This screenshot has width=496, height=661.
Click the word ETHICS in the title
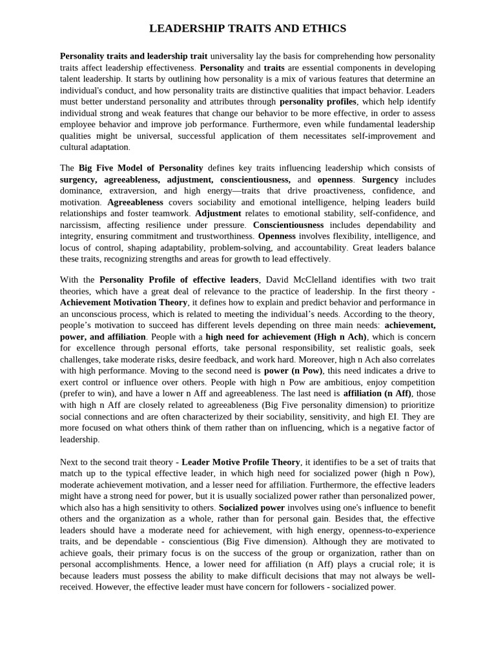point(324,28)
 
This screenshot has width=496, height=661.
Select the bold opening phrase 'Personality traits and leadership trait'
point(134,56)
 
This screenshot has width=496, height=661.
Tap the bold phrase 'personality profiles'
point(318,101)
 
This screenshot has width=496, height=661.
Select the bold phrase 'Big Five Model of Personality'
point(141,168)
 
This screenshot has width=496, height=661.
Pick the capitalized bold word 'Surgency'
point(380,179)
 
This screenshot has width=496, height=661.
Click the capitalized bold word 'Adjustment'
point(218,213)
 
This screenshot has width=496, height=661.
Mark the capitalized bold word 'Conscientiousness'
point(288,225)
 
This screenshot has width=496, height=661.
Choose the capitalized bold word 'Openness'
point(276,236)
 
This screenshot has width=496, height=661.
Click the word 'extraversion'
point(132,190)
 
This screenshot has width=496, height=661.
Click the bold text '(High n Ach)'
point(340,336)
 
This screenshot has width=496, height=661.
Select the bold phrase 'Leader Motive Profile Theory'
point(241,462)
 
